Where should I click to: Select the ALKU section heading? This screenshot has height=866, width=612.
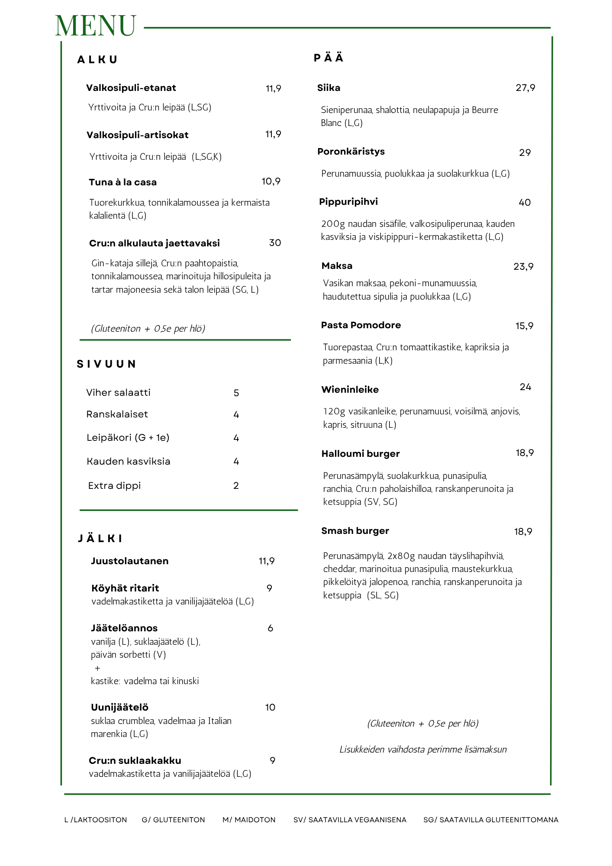97,60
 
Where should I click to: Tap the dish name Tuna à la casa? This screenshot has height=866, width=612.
122,182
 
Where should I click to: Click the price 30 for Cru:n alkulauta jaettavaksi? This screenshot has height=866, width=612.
275,243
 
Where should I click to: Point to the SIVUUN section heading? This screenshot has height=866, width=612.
106,364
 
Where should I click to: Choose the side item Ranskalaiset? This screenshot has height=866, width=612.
117,414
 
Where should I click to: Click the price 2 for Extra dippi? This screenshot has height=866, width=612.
236,486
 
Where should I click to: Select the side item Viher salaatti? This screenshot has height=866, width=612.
118,393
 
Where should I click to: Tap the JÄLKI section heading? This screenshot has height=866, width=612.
100,539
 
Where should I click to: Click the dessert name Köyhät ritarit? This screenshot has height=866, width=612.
125,588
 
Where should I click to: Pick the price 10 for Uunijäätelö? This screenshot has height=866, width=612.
270,708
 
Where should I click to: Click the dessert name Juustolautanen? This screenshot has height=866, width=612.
129,561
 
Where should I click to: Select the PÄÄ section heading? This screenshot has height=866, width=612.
329,58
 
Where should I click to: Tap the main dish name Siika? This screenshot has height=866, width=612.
329,88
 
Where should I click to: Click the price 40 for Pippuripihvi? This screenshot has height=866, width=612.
525,203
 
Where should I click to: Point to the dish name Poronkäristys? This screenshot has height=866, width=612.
351,152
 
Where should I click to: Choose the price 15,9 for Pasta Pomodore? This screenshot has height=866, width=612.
524,326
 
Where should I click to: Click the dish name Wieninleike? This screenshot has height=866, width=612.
350,390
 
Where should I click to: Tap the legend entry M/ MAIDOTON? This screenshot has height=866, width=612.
249,820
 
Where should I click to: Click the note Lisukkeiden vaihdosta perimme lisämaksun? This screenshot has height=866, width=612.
423,750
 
